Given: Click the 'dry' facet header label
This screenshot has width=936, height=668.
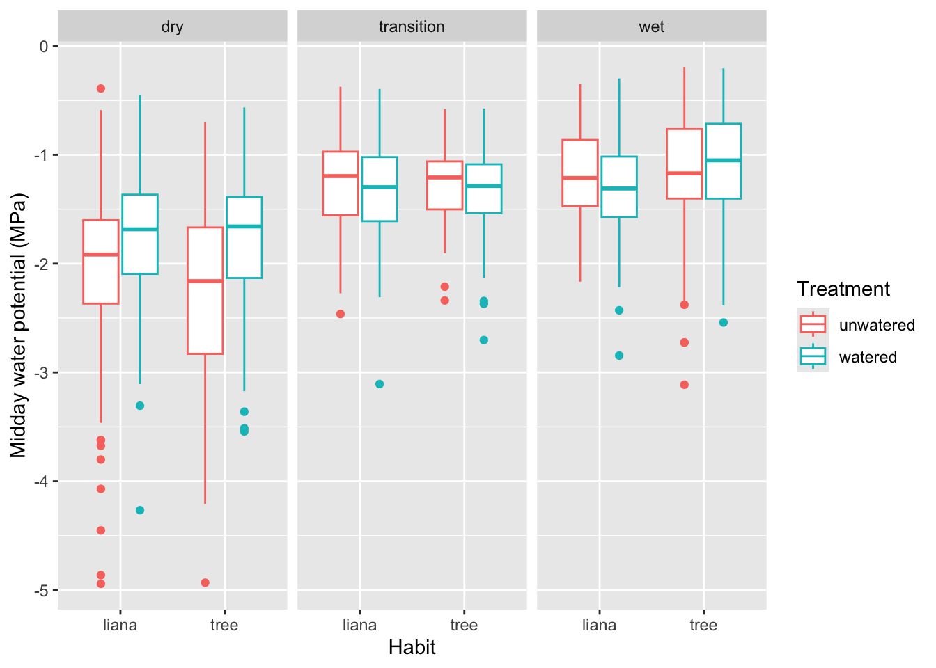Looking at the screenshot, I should coord(172,27).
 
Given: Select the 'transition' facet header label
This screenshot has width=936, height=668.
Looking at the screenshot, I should coord(412,27).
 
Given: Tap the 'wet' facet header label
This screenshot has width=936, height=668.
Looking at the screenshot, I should coord(651,27).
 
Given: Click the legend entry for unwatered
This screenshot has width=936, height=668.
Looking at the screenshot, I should coord(876,325).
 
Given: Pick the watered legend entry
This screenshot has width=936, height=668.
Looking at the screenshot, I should coord(867,357).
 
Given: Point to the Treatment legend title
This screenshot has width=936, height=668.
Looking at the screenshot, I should coord(843,289).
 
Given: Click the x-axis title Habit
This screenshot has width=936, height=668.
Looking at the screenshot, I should coord(412,647).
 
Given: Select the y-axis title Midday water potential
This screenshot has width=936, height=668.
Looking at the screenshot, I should coord(19,326).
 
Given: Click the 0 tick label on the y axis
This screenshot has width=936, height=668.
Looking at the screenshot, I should coord(44,47).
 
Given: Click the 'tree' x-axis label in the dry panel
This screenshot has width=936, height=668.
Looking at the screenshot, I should coord(224,625).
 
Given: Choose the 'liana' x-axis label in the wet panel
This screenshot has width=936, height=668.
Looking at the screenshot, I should coord(599,625).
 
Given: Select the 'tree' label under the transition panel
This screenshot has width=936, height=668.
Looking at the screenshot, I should coord(464,625).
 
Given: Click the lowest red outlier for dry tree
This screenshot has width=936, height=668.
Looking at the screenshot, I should coord(205,582).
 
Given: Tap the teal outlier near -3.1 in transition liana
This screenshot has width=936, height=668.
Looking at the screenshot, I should coord(380,384).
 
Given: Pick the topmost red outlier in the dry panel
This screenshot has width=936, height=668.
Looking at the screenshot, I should coord(101,88).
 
